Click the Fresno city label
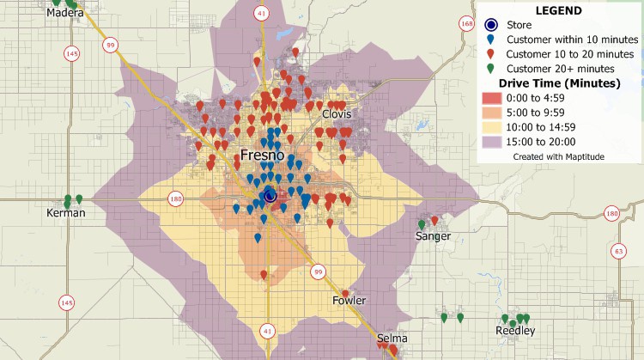pos(268,156)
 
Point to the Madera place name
pos(65,13)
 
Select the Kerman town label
pos(66,212)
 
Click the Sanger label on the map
pos(433,235)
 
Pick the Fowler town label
pos(349,300)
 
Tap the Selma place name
pos(392,338)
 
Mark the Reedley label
pos(515,331)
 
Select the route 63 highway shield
pos(618,251)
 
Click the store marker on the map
pos(270,196)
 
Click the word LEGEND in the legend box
pos(558,11)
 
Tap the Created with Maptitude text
pos(559,157)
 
